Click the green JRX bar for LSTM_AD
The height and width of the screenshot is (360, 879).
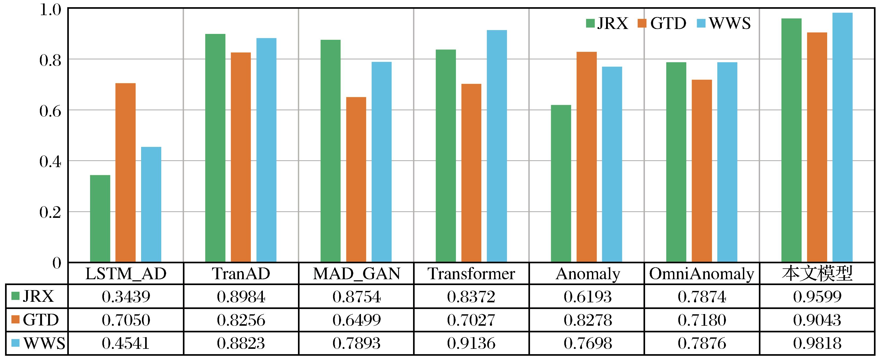tap(100, 219)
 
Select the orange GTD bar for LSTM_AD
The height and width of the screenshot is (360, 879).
tap(125, 173)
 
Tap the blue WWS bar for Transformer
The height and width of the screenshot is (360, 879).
tap(497, 146)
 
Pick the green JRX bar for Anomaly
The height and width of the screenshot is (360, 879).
tap(561, 184)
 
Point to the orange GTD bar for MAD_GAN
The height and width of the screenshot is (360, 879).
tap(356, 180)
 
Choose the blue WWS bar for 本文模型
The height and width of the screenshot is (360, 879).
tap(843, 138)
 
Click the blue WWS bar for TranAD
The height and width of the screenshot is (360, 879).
tap(267, 150)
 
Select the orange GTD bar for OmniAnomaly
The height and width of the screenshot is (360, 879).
tap(702, 171)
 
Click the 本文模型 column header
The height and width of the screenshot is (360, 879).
tap(817, 274)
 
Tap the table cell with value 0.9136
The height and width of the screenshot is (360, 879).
tap(471, 343)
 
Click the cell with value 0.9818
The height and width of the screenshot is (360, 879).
tap(817, 343)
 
